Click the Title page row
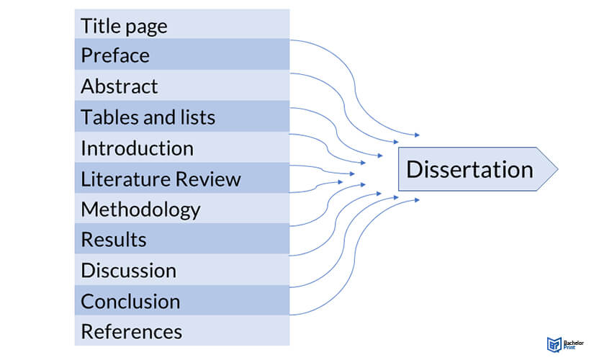(x=124, y=26)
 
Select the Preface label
(x=115, y=55)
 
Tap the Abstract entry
(x=119, y=86)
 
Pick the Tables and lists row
(x=148, y=117)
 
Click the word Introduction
(x=137, y=148)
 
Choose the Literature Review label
(x=161, y=179)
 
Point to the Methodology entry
(x=140, y=210)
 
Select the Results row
(x=114, y=240)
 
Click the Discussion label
(x=128, y=271)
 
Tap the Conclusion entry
(x=130, y=301)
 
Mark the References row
(x=131, y=332)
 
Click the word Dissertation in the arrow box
(x=469, y=169)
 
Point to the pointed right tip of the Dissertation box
(x=557, y=169)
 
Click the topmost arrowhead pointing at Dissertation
(x=415, y=135)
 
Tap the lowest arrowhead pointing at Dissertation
(x=415, y=199)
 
